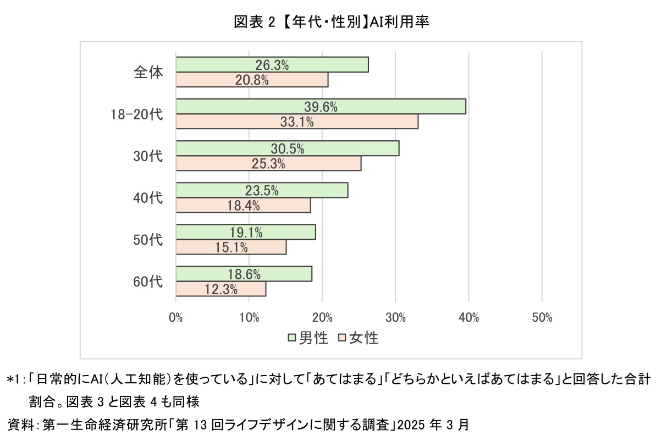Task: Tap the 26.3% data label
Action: click(272, 65)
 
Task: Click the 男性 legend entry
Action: click(308, 338)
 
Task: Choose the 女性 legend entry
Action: click(359, 338)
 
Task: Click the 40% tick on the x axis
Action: click(468, 318)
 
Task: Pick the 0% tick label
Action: click(176, 318)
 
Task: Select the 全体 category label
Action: click(148, 72)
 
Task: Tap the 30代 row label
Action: click(148, 156)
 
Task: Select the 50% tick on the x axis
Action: click(542, 318)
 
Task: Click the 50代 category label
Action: click(148, 240)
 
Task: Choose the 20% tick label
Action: click(322, 318)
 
